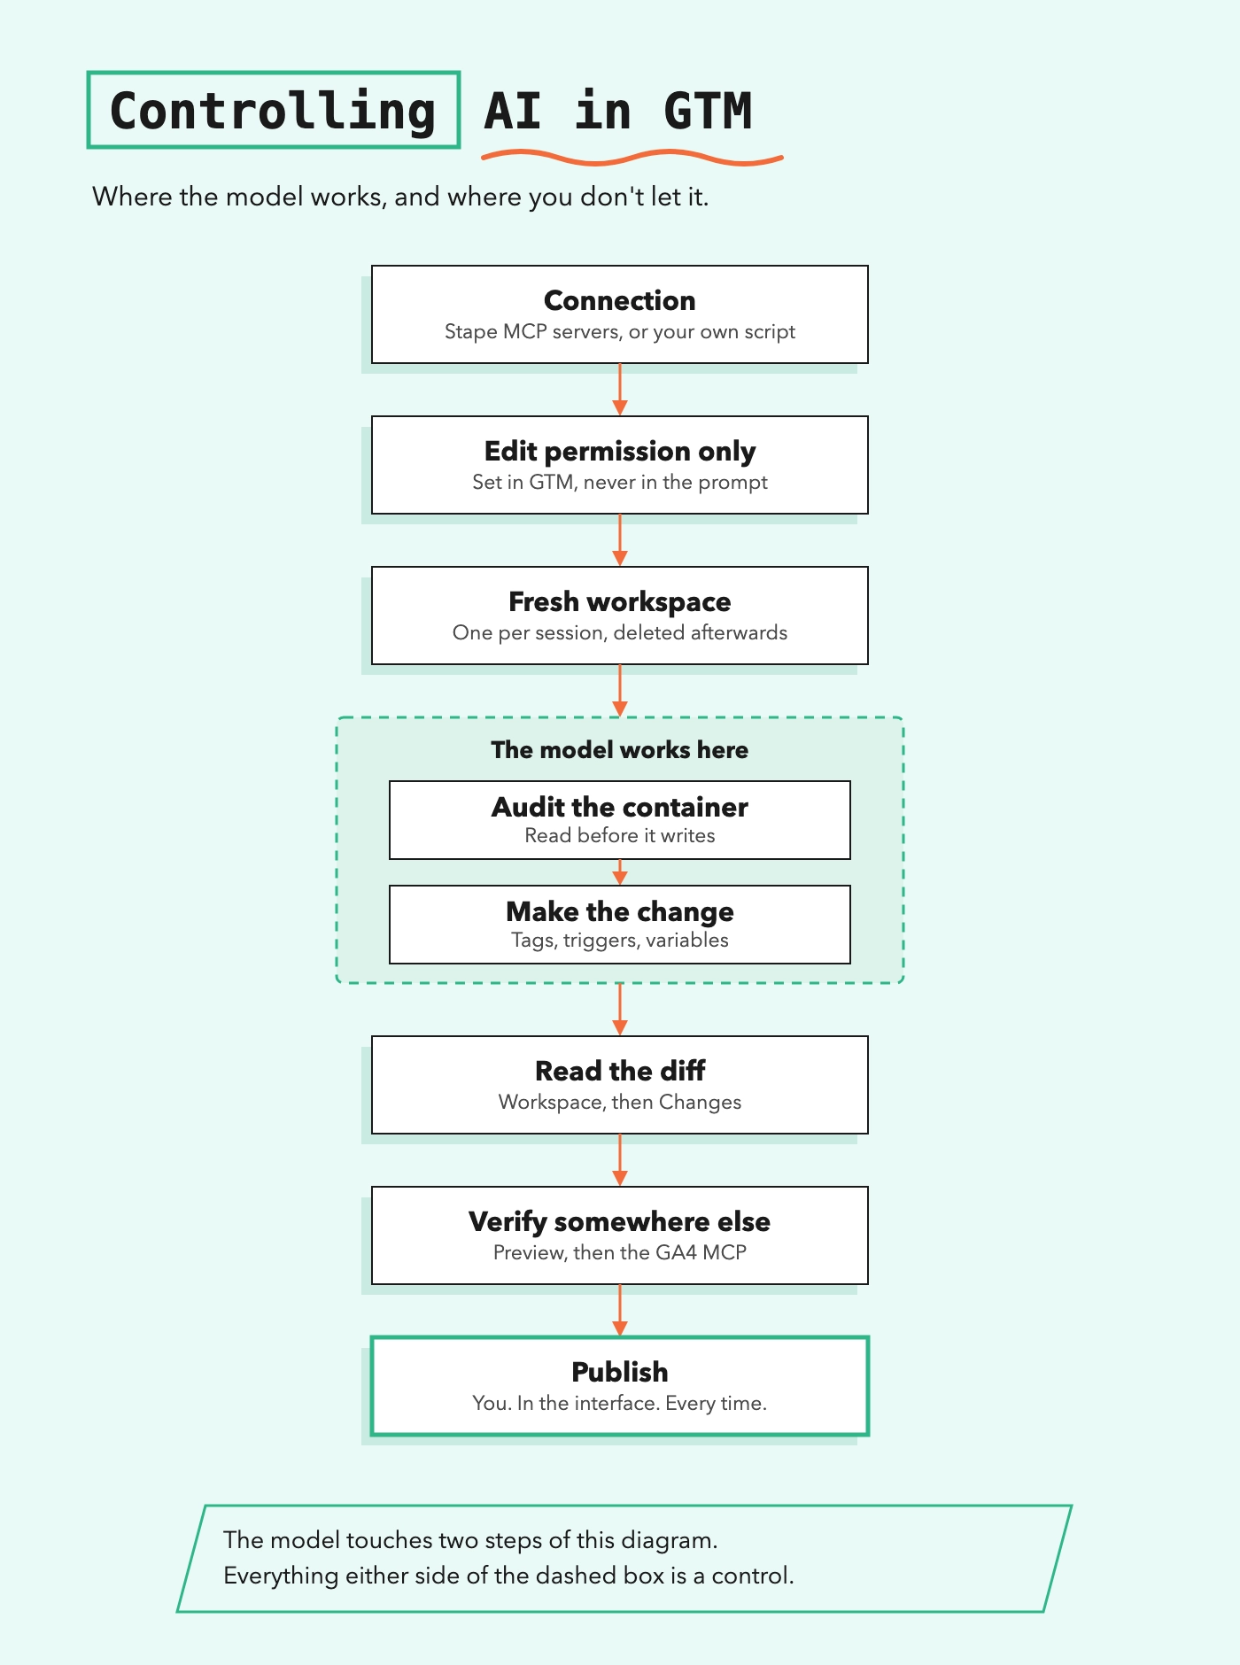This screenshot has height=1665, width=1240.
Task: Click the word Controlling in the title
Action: pyautogui.click(x=273, y=112)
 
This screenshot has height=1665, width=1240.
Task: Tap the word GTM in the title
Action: pyautogui.click(x=708, y=112)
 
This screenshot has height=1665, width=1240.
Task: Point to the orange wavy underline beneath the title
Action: pyautogui.click(x=632, y=158)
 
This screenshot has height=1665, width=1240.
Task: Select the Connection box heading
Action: pyautogui.click(x=620, y=300)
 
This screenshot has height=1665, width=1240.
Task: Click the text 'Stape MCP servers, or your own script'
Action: pyautogui.click(x=620, y=331)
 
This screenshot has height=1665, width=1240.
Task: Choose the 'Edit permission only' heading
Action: pyautogui.click(x=620, y=451)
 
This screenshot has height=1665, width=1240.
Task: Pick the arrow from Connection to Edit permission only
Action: pyautogui.click(x=620, y=390)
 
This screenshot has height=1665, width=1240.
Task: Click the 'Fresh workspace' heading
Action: pyautogui.click(x=620, y=601)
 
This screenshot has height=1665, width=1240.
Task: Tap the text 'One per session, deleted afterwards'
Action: pyautogui.click(x=620, y=632)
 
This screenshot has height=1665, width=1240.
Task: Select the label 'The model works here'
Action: pyautogui.click(x=620, y=750)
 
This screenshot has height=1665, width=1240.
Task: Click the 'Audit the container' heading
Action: pyautogui.click(x=620, y=807)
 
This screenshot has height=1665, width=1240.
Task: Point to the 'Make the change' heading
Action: pyautogui.click(x=620, y=911)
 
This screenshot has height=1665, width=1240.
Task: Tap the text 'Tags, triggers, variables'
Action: pyautogui.click(x=620, y=940)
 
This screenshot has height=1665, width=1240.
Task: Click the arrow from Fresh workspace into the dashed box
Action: pyautogui.click(x=620, y=691)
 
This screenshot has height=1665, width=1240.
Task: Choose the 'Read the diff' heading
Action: pyautogui.click(x=620, y=1071)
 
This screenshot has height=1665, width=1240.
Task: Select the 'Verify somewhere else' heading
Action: pyautogui.click(x=620, y=1221)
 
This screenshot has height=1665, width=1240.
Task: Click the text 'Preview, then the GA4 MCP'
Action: pyautogui.click(x=620, y=1252)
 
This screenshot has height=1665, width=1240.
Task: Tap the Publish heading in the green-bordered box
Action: pyautogui.click(x=620, y=1372)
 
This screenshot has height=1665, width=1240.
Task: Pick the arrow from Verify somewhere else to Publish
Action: pyautogui.click(x=620, y=1311)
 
